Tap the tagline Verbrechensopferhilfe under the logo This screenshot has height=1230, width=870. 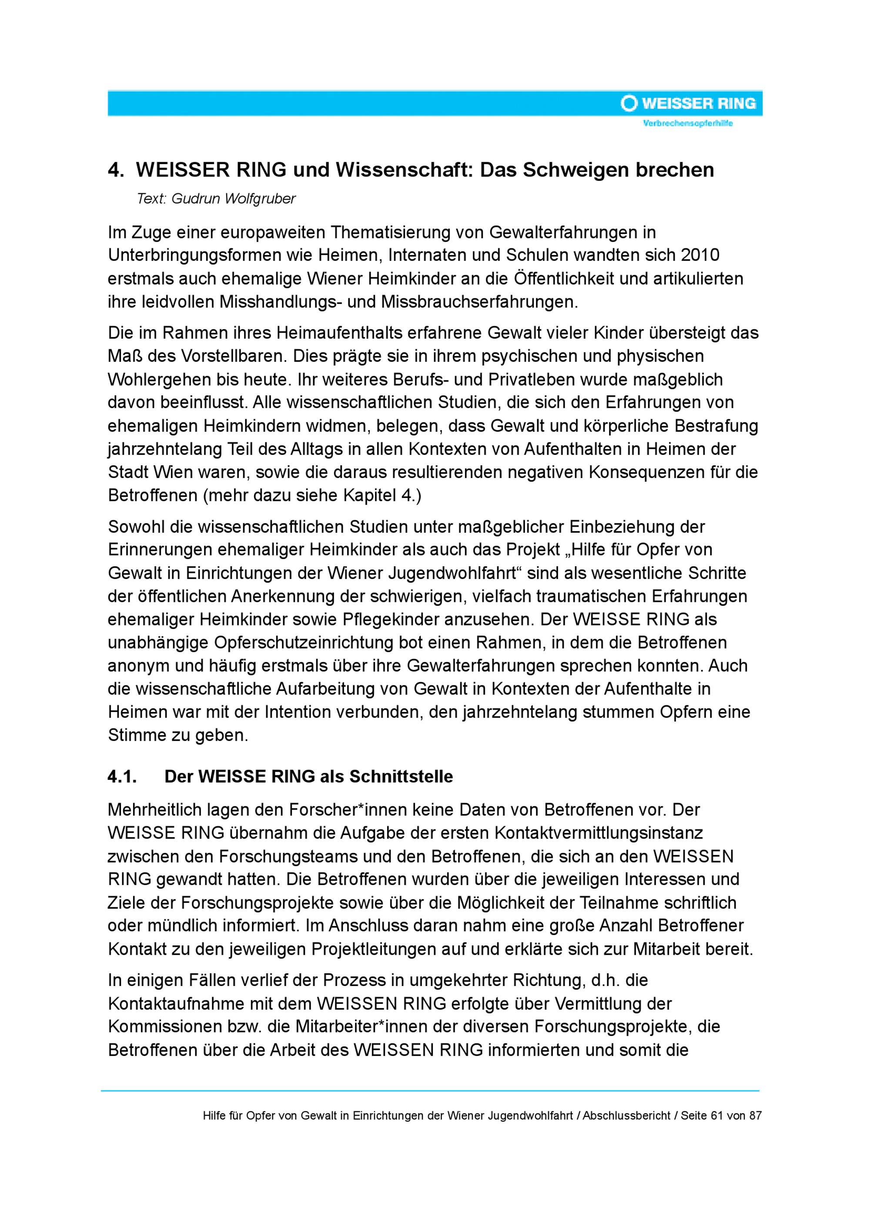point(687,124)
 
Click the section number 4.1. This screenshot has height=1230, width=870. point(123,777)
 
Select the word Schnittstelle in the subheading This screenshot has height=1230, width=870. point(401,777)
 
